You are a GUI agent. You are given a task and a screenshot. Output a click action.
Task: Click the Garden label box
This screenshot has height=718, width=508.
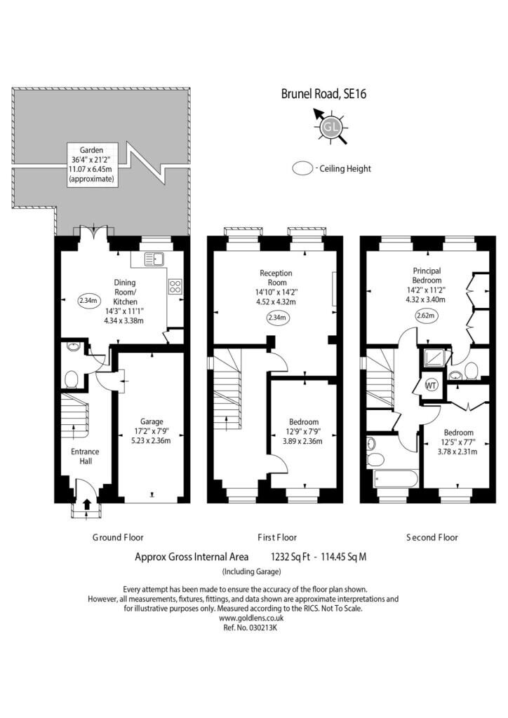[x=93, y=164]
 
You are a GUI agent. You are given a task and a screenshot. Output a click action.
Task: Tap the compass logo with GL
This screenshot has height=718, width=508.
[x=330, y=126]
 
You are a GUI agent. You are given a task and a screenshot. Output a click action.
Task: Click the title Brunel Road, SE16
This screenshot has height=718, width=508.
[x=323, y=94]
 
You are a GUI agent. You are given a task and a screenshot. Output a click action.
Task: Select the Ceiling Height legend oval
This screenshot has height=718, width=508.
[x=302, y=168]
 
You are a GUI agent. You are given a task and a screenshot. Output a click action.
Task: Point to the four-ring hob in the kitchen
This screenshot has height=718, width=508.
[x=175, y=287]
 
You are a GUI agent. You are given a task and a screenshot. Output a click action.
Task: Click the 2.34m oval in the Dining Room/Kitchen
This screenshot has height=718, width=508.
[x=88, y=301]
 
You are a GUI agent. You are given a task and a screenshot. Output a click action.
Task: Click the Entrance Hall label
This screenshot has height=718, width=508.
[x=85, y=456]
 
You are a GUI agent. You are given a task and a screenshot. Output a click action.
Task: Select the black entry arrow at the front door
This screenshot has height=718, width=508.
[x=87, y=503]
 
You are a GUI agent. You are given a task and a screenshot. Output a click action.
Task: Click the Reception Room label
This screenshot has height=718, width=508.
[x=276, y=278]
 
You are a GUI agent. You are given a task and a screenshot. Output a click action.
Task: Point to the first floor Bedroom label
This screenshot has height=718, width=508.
[x=304, y=421]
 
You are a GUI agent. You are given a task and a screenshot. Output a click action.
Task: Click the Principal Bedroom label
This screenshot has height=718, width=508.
[x=427, y=275]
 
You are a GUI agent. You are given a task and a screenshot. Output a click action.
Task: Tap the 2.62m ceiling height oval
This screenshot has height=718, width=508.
[x=427, y=316]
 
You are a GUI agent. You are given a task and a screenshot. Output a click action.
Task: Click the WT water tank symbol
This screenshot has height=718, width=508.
[x=431, y=386]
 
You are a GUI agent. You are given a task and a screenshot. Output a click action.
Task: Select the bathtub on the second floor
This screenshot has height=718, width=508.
[x=396, y=479]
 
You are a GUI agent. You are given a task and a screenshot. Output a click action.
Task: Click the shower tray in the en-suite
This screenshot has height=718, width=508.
[x=434, y=358]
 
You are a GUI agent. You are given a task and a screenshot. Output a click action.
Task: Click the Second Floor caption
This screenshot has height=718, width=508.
[x=432, y=537]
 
